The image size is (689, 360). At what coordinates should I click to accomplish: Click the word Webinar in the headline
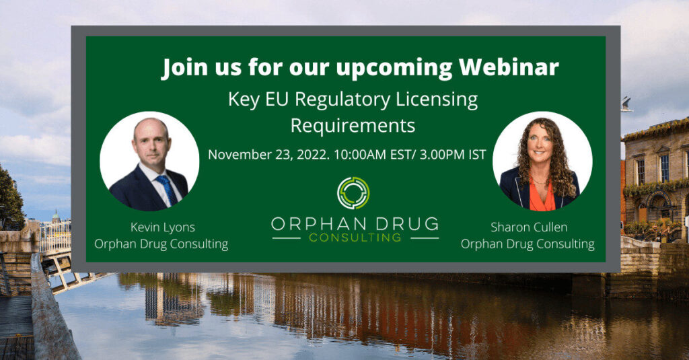click(x=509, y=67)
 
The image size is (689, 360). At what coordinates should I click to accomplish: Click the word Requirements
click(x=353, y=126)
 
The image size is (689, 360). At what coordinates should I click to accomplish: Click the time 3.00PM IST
click(x=453, y=155)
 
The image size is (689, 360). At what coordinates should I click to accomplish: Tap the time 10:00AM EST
click(x=372, y=155)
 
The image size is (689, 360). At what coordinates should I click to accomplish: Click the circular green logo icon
click(x=353, y=193)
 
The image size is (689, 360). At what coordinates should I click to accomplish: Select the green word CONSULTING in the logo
click(x=355, y=238)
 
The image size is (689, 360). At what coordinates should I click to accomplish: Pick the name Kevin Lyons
click(x=163, y=227)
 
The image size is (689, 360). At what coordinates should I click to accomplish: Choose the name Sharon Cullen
click(x=529, y=227)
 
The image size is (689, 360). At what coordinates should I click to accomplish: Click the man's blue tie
click(x=168, y=190)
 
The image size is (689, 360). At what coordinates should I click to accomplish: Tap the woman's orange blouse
click(x=542, y=196)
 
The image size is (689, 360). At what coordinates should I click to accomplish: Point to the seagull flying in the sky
click(x=626, y=104)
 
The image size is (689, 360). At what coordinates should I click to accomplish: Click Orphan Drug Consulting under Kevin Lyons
click(x=161, y=244)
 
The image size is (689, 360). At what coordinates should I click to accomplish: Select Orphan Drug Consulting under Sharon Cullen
click(x=528, y=244)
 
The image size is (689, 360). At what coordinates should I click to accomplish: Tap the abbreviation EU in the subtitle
click(x=277, y=100)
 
